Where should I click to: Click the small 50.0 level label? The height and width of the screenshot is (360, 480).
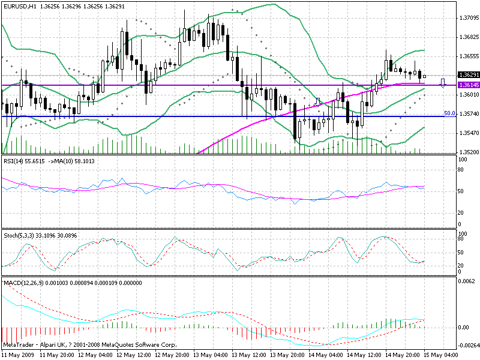[x=448, y=113]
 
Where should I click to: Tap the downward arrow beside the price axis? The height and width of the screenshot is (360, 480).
[x=443, y=83]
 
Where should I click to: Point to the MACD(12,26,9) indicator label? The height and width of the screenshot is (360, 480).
[x=24, y=281]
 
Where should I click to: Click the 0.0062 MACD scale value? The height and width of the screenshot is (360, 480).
[x=466, y=281]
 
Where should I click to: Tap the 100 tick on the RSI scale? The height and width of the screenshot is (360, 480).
[x=462, y=160]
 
